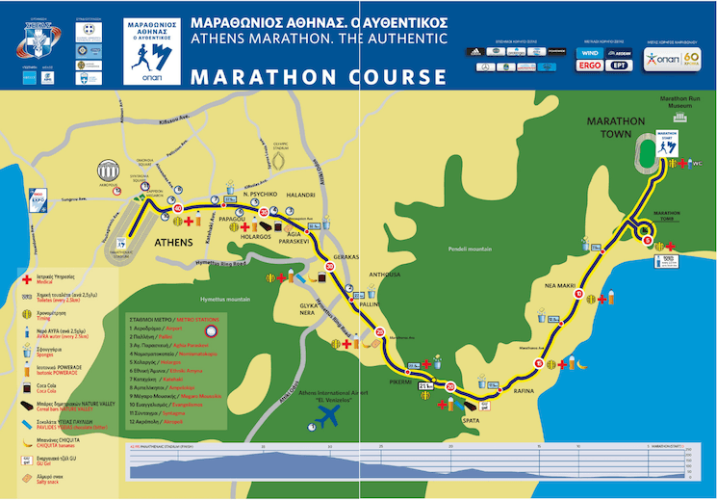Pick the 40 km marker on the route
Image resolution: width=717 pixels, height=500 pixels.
(x=176, y=207)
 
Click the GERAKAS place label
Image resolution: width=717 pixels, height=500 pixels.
(x=346, y=258)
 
